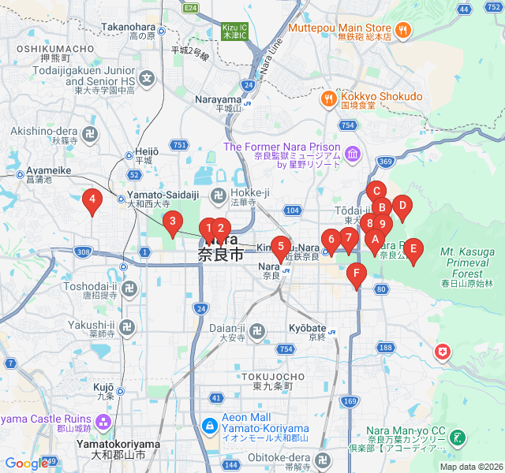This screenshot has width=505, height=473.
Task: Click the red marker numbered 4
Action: click(x=92, y=202)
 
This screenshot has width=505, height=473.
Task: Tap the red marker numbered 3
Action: click(x=172, y=223)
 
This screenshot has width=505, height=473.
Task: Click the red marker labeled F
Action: click(x=357, y=275)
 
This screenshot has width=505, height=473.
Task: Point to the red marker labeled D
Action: click(x=402, y=207)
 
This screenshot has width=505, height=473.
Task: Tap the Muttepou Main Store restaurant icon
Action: click(x=402, y=30)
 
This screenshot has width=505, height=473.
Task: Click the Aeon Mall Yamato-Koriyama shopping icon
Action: click(x=210, y=426)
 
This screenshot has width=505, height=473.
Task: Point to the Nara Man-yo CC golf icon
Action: click(x=458, y=437)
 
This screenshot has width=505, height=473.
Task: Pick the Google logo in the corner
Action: click(x=26, y=464)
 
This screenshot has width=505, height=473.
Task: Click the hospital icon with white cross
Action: click(x=443, y=352)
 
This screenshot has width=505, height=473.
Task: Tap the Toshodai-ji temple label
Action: click(x=94, y=285)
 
